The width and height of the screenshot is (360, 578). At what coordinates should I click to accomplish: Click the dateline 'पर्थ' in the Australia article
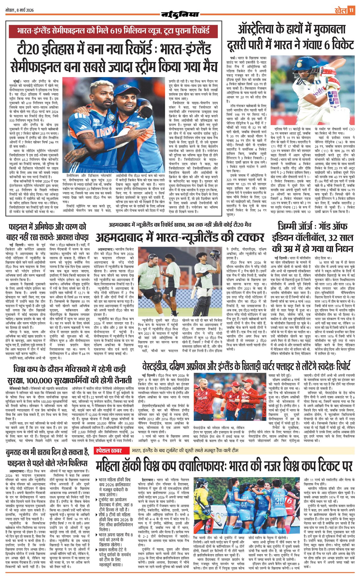click(233, 57)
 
